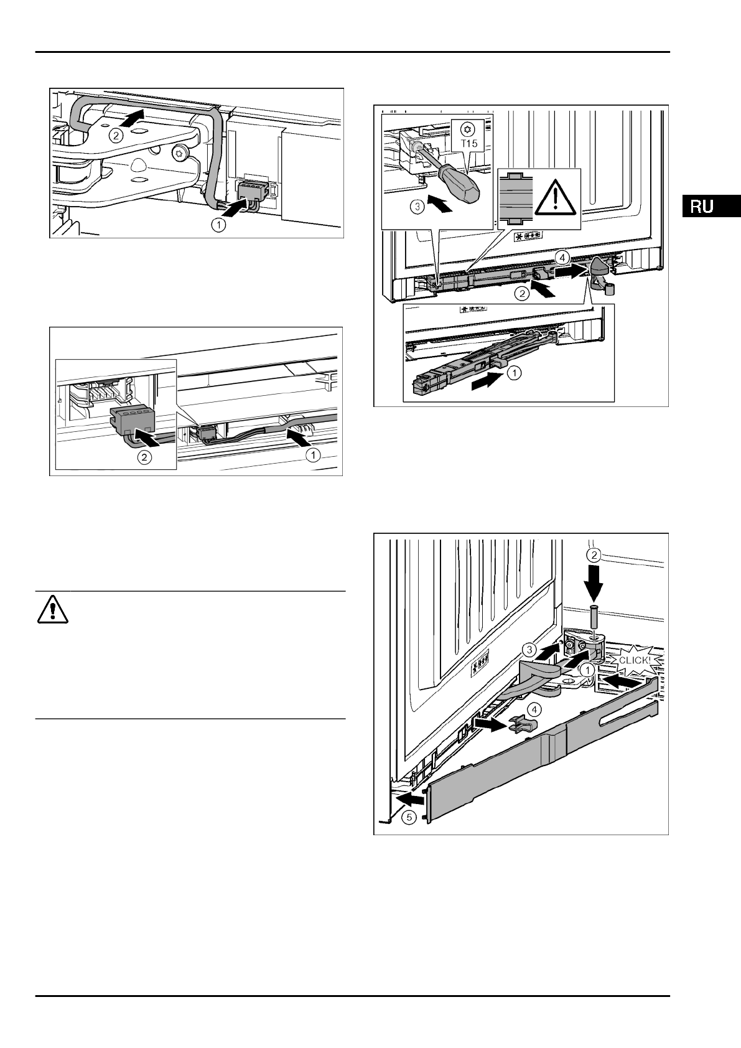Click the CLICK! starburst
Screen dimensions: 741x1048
pos(633,660)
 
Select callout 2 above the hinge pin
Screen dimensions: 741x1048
pos(594,554)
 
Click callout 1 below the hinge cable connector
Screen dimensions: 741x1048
pos(218,226)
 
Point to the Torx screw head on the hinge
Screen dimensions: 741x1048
pos(182,151)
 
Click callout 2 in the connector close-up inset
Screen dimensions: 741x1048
pos(144,457)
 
